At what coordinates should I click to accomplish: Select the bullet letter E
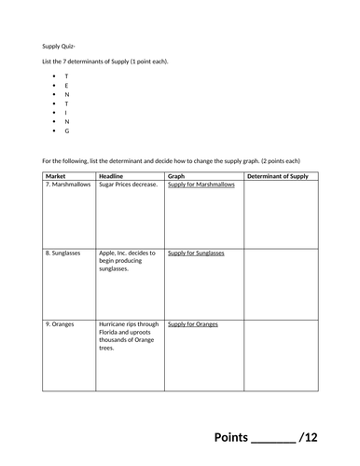[x=66, y=85]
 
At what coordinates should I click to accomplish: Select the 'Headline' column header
[x=113, y=175]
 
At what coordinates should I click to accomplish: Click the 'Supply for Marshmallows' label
[x=201, y=185]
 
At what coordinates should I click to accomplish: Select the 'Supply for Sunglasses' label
[x=196, y=253]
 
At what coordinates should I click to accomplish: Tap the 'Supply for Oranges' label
[x=192, y=323]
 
